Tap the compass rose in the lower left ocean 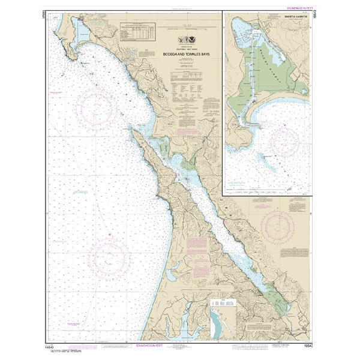pyautogui.click(x=109, y=257)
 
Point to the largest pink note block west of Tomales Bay pyautogui.click(x=197, y=246)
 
